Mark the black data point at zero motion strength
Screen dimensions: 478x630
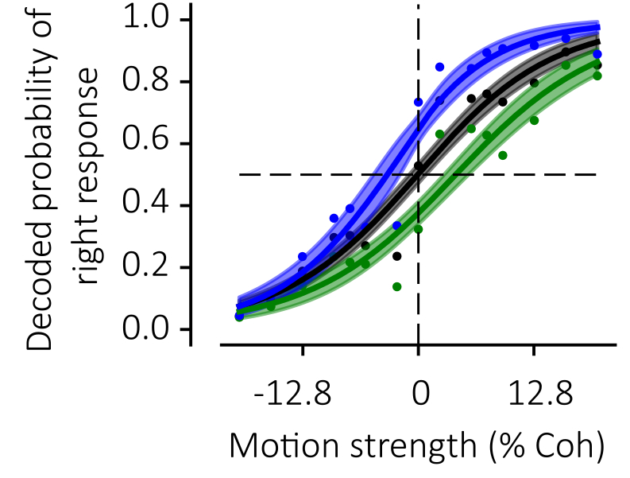(419, 166)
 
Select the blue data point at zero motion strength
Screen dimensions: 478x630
(419, 102)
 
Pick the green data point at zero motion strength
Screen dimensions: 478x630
(419, 229)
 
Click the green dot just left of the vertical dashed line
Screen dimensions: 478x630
(396, 286)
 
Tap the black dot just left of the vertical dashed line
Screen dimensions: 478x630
(396, 256)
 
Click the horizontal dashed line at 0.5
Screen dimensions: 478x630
(318, 174)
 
